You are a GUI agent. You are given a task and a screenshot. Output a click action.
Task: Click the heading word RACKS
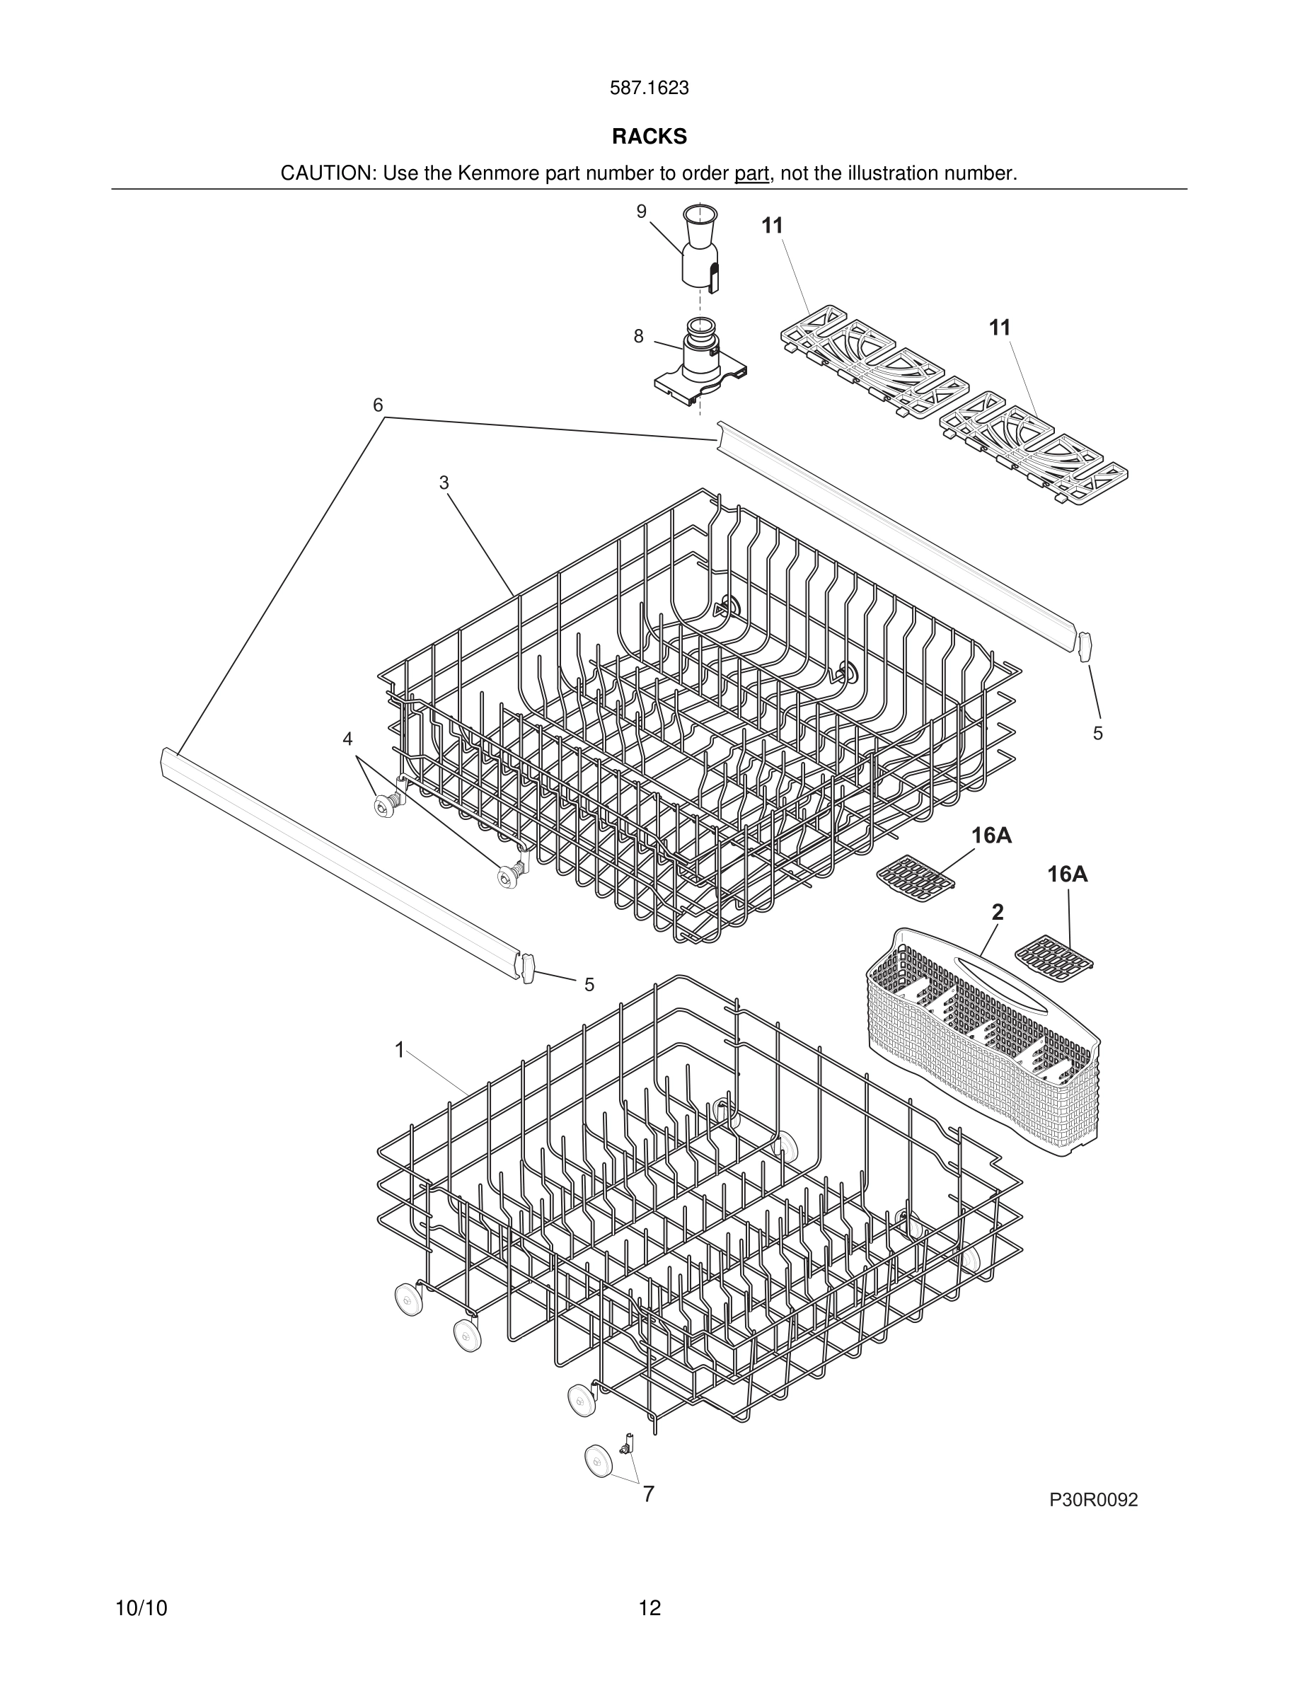coord(649,137)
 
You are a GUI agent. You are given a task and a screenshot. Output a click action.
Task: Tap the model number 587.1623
coord(649,88)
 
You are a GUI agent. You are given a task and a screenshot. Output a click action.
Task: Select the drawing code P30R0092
coord(1093,1500)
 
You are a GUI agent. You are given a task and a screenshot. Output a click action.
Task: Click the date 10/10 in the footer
coord(141,1609)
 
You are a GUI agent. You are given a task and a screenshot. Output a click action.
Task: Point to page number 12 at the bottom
coord(649,1609)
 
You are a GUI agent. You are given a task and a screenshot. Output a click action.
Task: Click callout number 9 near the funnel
coord(641,212)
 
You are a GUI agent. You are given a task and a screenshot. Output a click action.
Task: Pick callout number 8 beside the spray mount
coord(638,336)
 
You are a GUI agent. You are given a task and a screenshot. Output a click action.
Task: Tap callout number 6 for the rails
coord(378,405)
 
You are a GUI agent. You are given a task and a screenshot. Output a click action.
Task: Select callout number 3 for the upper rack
coord(444,483)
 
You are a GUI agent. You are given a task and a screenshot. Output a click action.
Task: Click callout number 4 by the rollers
coord(347,739)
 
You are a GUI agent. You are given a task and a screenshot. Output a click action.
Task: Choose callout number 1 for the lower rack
coord(400,1050)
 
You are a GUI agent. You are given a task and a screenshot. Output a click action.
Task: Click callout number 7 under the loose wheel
coord(649,1494)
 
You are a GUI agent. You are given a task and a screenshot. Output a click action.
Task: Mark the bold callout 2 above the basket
coord(998,912)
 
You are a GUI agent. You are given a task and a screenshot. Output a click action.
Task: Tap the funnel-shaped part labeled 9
coord(700,246)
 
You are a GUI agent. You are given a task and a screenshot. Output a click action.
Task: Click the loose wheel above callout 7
coord(597,1461)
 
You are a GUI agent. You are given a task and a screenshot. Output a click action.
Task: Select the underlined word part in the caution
coord(751,173)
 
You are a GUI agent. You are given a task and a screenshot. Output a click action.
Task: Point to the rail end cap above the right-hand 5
coord(1085,647)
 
